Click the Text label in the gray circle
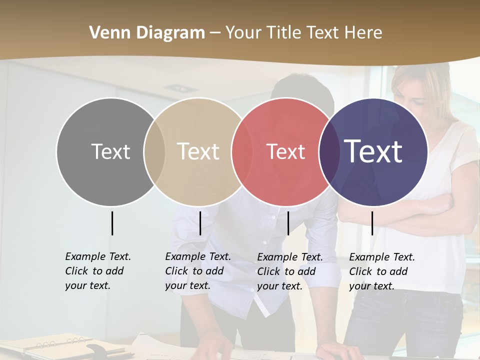110,151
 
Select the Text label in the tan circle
198,151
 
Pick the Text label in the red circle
285,151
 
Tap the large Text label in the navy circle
373,151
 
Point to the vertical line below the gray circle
112,223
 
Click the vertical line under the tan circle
200,223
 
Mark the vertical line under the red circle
288,223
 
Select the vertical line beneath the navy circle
372,223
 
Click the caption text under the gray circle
97,271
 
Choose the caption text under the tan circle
197,271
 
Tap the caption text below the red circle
289,271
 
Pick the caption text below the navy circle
381,271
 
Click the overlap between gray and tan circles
154,151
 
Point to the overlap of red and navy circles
327,151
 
